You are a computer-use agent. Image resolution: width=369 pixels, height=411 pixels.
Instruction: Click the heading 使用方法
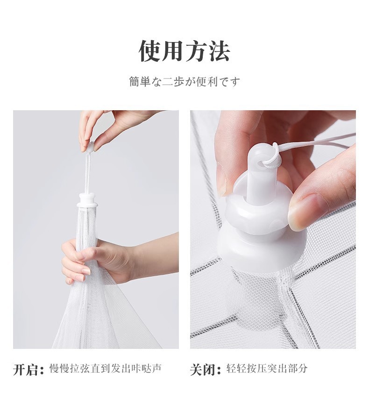click(184, 51)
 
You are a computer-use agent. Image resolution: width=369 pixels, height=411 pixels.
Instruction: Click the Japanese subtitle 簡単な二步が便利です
click(184, 82)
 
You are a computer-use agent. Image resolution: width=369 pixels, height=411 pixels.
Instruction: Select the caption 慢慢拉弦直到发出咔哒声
click(106, 368)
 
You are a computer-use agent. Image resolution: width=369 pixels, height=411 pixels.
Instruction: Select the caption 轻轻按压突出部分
click(267, 368)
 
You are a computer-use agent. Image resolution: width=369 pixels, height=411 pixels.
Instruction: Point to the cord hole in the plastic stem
click(261, 164)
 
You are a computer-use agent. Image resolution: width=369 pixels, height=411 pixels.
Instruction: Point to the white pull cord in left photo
click(87, 173)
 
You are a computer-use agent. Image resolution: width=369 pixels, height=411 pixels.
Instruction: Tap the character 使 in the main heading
click(149, 51)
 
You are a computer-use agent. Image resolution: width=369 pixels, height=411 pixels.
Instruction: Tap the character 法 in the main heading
click(219, 51)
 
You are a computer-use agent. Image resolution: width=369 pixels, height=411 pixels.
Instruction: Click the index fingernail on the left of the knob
click(221, 181)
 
